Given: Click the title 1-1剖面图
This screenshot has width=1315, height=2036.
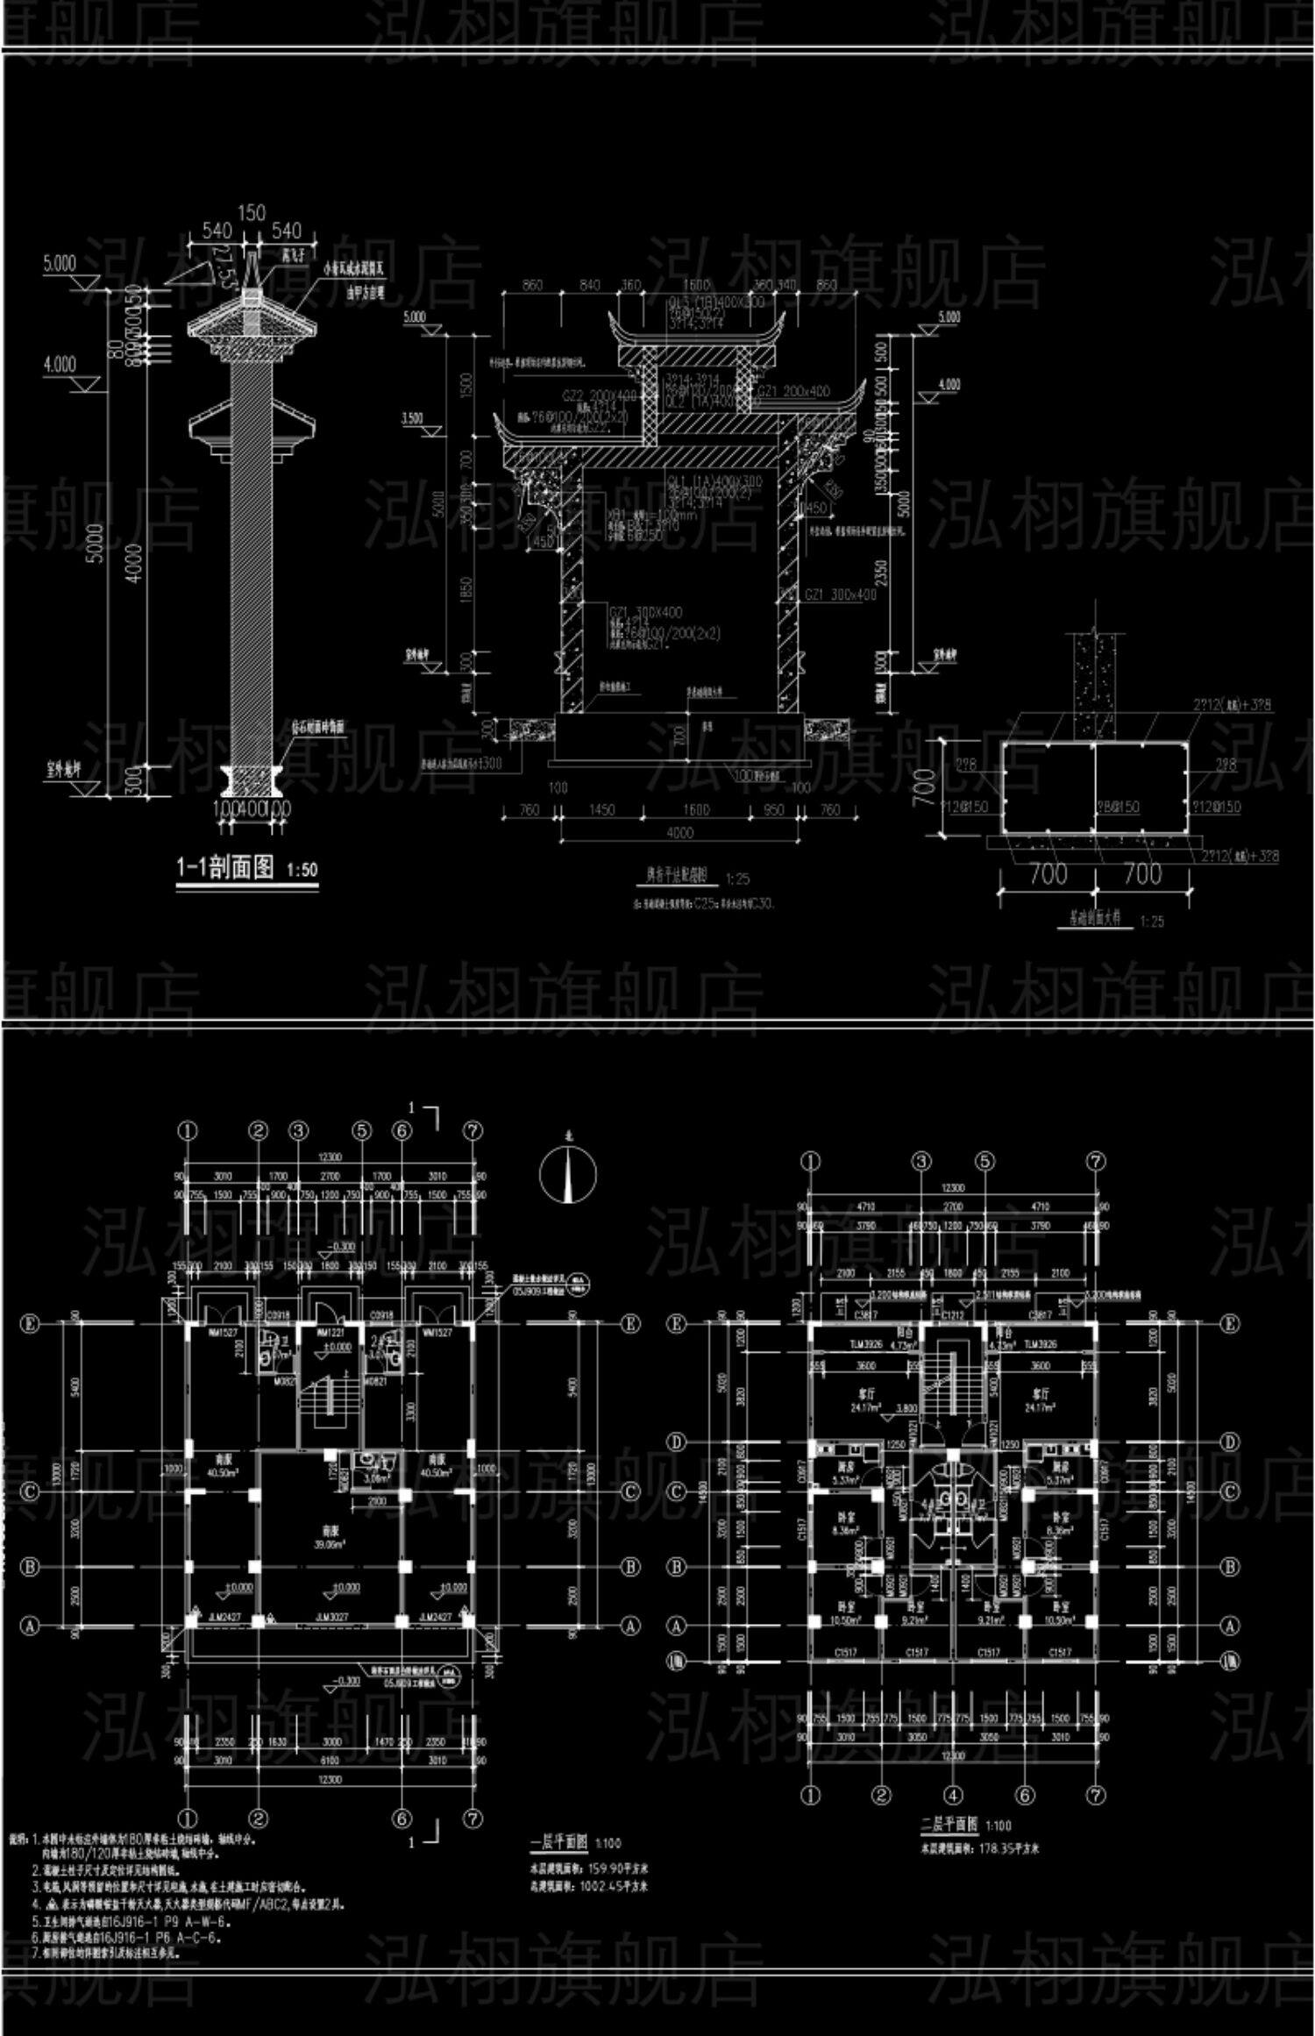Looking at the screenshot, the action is [226, 869].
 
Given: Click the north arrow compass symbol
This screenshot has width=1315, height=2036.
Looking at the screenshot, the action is [567, 1175].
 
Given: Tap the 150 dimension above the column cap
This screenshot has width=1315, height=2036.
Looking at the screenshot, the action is [252, 213].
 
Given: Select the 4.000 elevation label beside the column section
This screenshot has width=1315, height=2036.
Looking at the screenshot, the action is [59, 364].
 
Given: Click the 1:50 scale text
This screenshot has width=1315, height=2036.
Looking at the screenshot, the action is [302, 871].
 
